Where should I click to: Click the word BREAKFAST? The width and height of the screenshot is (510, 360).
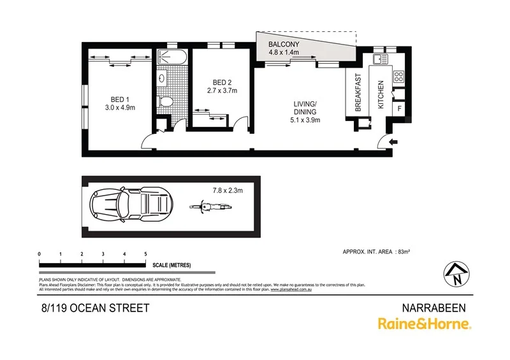coord(358,92)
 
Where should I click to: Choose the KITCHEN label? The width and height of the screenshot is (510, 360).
coord(381,94)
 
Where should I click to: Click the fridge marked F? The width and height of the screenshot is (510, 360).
coord(399,109)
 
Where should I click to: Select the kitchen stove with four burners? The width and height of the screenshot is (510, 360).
coord(399,76)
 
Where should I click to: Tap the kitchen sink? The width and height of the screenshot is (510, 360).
coord(380,59)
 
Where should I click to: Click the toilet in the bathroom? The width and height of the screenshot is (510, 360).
coord(166,101)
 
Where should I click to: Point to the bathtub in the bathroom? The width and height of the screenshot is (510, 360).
coord(171,57)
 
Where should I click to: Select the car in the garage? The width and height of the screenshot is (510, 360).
coord(129,206)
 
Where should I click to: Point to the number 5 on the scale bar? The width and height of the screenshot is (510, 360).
coord(146,254)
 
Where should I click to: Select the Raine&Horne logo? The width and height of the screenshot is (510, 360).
coord(424,324)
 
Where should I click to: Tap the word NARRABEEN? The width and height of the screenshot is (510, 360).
coord(437,307)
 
